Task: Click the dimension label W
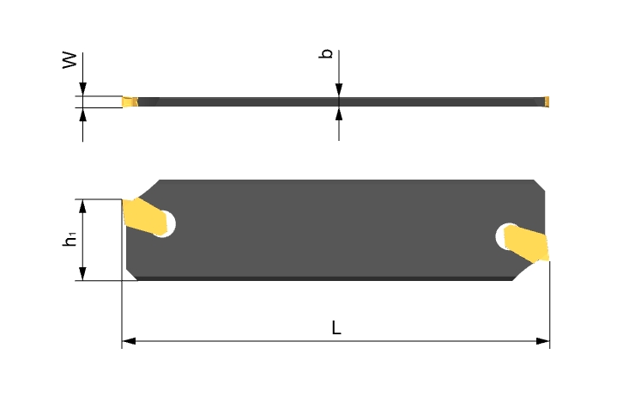70,60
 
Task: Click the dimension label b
326,53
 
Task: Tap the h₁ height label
70,240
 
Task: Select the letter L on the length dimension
336,328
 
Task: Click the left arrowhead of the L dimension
129,341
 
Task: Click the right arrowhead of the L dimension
542,341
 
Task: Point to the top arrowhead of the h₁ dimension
82,205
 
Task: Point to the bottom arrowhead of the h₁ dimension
82,273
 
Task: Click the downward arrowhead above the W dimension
82,89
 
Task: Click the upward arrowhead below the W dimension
82,114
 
